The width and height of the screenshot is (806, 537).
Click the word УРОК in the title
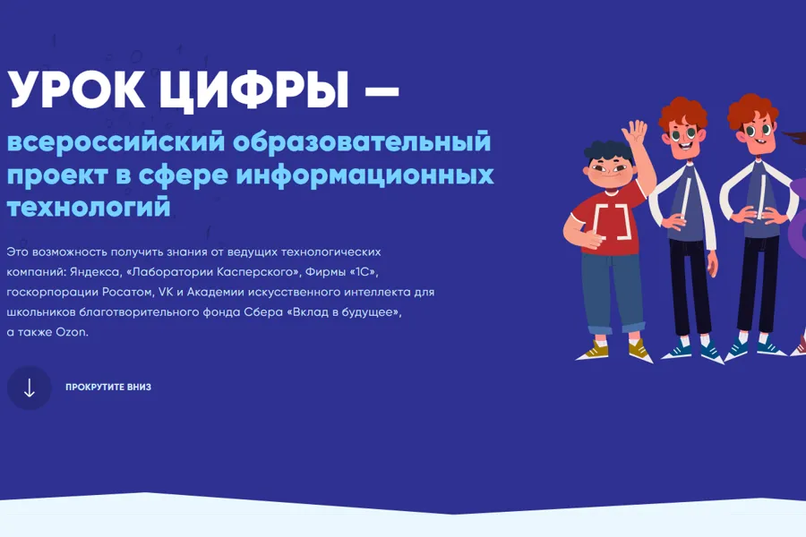[x=77, y=89]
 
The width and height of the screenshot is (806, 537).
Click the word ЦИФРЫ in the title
[x=254, y=90]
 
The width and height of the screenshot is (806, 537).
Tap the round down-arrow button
[x=30, y=388]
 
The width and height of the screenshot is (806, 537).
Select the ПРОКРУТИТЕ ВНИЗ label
[x=108, y=387]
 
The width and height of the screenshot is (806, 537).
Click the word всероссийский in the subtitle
[x=116, y=141]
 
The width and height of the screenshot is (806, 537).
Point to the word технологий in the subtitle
[x=89, y=207]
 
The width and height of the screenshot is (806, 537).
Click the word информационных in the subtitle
[x=365, y=175]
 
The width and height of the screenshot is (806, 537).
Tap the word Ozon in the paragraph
[x=72, y=332]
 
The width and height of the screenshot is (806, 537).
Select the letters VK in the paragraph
[x=166, y=292]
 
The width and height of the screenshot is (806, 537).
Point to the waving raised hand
[x=635, y=132]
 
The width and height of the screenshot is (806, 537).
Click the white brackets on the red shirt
[x=612, y=221]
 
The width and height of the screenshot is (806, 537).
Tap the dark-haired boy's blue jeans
[x=612, y=293]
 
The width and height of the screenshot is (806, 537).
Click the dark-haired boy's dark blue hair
[x=609, y=151]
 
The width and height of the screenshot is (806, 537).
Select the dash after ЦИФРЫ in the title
[x=382, y=91]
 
